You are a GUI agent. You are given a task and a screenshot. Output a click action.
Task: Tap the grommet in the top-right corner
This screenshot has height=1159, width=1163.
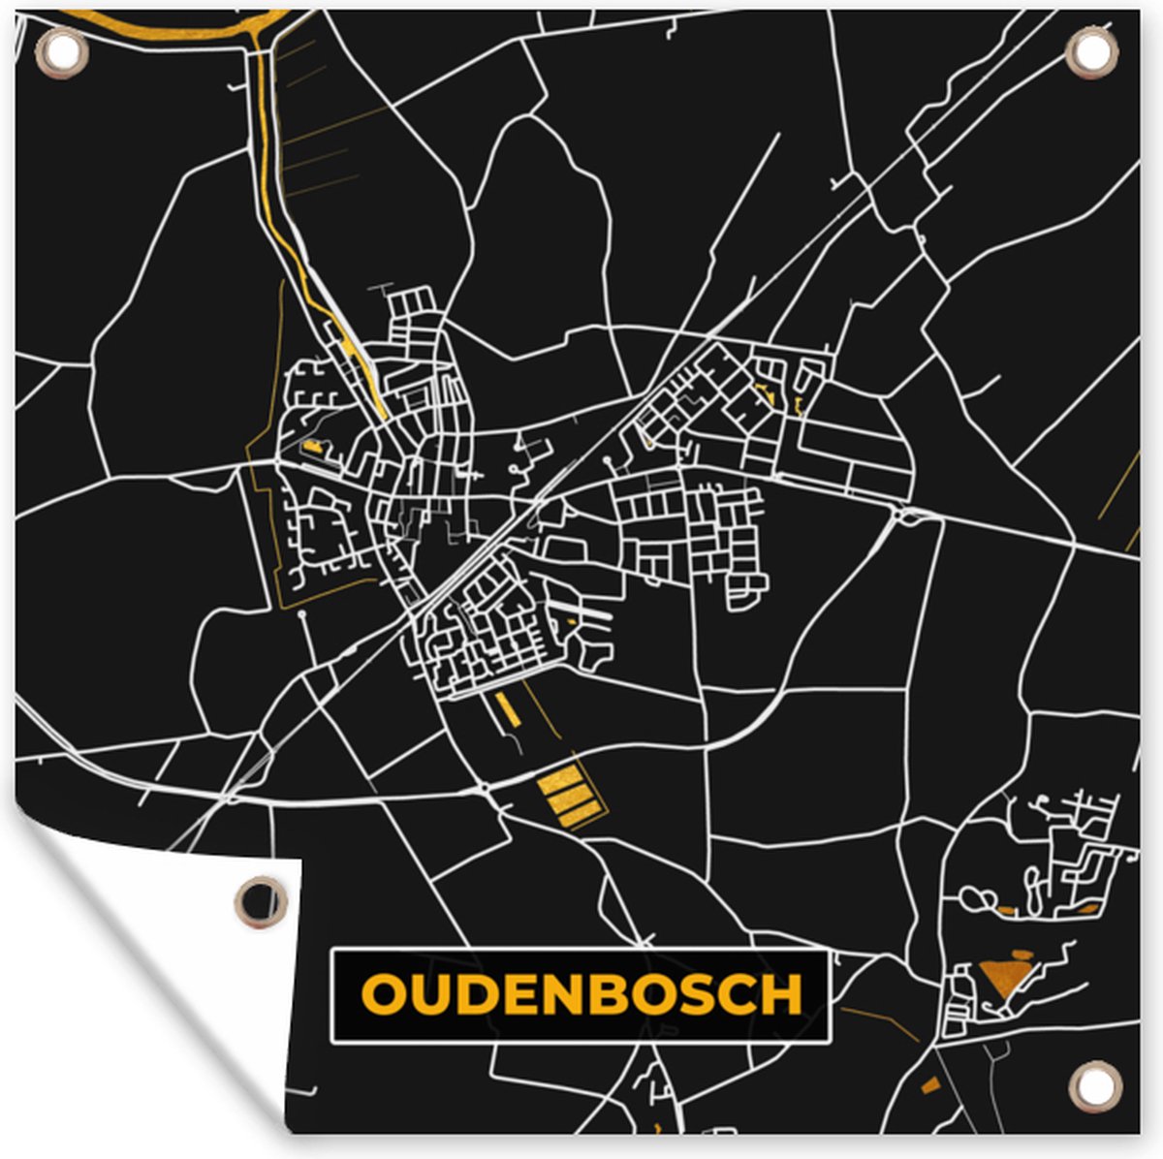(1092, 54)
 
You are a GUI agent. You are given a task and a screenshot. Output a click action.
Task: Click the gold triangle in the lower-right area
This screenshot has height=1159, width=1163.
(1002, 977)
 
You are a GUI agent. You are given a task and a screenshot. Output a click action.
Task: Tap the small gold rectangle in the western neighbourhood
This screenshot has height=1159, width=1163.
(311, 447)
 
